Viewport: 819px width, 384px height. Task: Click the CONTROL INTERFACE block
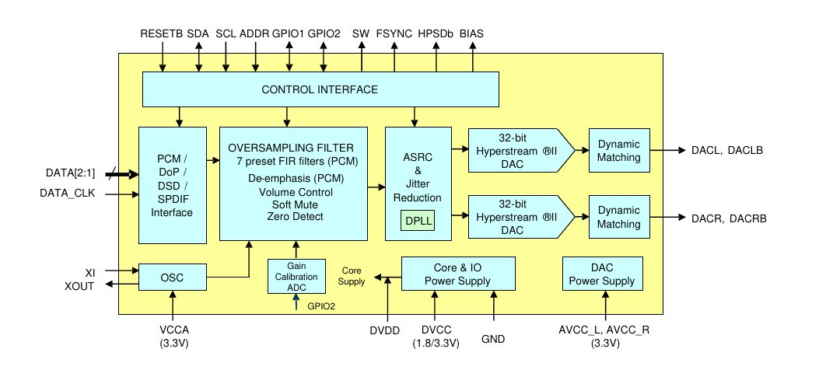pyautogui.click(x=320, y=89)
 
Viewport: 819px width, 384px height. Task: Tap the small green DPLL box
pyautogui.click(x=417, y=221)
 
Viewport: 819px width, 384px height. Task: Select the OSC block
pyautogui.click(x=172, y=278)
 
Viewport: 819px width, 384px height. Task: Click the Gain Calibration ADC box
pyautogui.click(x=296, y=276)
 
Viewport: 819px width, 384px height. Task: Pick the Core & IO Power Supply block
pyautogui.click(x=458, y=274)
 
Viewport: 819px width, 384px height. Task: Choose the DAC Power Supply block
pyautogui.click(x=601, y=274)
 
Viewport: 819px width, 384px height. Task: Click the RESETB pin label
pyautogui.click(x=162, y=34)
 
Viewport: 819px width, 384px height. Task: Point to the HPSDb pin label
pyautogui.click(x=436, y=34)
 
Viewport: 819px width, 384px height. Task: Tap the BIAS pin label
pyautogui.click(x=471, y=34)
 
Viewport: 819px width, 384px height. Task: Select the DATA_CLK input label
pyautogui.click(x=67, y=193)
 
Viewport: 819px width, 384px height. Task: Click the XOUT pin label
pyautogui.click(x=79, y=285)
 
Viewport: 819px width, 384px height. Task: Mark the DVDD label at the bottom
pyautogui.click(x=384, y=331)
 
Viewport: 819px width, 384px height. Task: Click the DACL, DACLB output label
pyautogui.click(x=727, y=150)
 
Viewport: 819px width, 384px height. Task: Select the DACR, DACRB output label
pyautogui.click(x=729, y=218)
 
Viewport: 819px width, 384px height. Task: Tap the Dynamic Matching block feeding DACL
pyautogui.click(x=618, y=150)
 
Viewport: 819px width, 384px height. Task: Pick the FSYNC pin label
pyautogui.click(x=394, y=34)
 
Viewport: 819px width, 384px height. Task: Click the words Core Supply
pyautogui.click(x=352, y=276)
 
